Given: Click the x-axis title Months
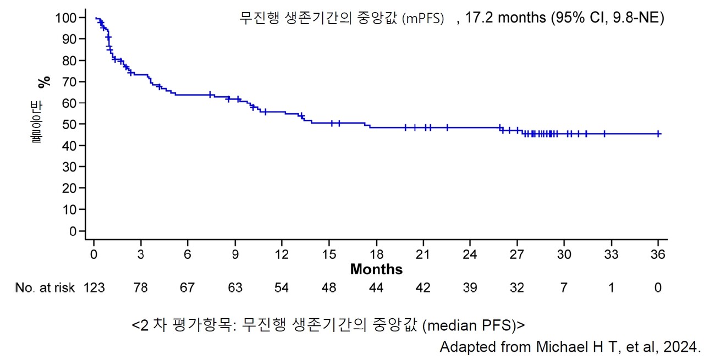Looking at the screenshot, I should pyautogui.click(x=376, y=270).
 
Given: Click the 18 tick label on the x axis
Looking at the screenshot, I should pyautogui.click(x=376, y=254).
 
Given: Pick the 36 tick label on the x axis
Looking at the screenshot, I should pyautogui.click(x=658, y=254).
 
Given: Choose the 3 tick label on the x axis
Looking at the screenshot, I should pyautogui.click(x=141, y=254).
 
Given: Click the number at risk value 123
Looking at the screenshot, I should pyautogui.click(x=94, y=288).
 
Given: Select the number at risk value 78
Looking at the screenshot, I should pyautogui.click(x=141, y=288).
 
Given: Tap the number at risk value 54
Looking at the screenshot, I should pyautogui.click(x=282, y=288).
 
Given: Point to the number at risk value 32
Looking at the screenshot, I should pyautogui.click(x=517, y=288).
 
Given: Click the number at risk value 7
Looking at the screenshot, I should pyautogui.click(x=564, y=288).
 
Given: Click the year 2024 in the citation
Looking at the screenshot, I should pyautogui.click(x=684, y=347).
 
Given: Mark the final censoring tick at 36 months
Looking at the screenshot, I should pyautogui.click(x=658, y=134).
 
